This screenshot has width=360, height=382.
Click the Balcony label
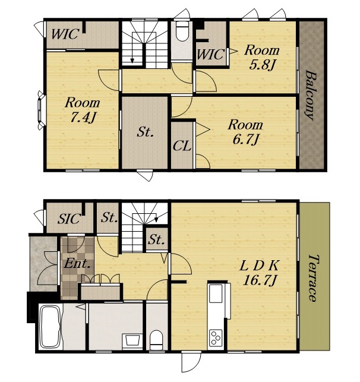tap(310, 95)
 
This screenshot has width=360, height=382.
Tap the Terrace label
tap(314, 278)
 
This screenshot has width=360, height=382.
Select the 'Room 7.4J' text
tap(83, 110)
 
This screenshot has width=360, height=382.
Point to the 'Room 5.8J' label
tap(262, 58)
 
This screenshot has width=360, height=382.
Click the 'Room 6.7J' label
tap(245, 132)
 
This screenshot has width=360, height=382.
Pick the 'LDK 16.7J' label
tap(259, 273)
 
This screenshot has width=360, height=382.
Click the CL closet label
tap(182, 146)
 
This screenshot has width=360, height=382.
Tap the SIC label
tap(69, 219)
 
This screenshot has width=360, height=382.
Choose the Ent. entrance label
tap(77, 264)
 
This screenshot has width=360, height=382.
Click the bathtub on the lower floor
tap(50, 327)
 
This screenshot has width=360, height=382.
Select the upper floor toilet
tap(182, 31)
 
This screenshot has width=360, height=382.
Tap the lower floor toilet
tap(156, 340)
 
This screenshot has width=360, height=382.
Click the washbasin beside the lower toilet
tap(132, 340)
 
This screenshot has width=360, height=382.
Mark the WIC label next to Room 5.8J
tap(210, 54)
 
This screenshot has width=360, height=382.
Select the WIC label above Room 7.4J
tap(65, 34)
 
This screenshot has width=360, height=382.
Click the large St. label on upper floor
tap(145, 132)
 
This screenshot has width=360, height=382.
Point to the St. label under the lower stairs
tap(156, 239)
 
